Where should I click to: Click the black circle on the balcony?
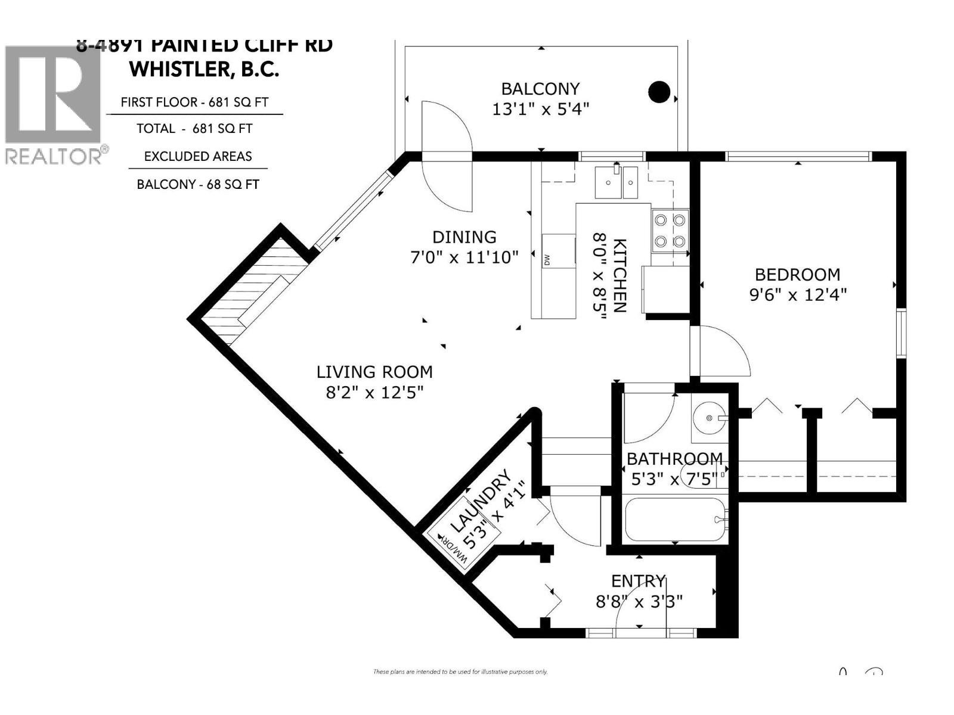tap(659, 92)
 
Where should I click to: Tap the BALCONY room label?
tap(540, 89)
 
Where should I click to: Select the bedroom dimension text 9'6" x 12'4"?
tap(798, 294)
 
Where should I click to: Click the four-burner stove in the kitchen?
tap(670, 231)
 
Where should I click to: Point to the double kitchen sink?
tap(616, 182)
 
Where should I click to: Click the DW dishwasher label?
tap(546, 260)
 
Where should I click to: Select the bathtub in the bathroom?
tap(675, 520)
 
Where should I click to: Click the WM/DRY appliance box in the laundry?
tap(453, 549)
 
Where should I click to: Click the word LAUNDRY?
tap(481, 501)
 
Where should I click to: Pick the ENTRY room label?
tap(638, 581)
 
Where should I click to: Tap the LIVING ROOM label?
tap(374, 372)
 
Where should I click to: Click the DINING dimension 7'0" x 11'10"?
tap(464, 257)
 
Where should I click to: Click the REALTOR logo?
tap(54, 105)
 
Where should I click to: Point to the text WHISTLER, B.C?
tap(204, 69)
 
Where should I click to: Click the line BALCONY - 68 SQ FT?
tap(198, 184)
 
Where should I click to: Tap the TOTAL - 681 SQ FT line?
tap(194, 128)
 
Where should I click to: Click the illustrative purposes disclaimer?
tap(460, 672)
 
